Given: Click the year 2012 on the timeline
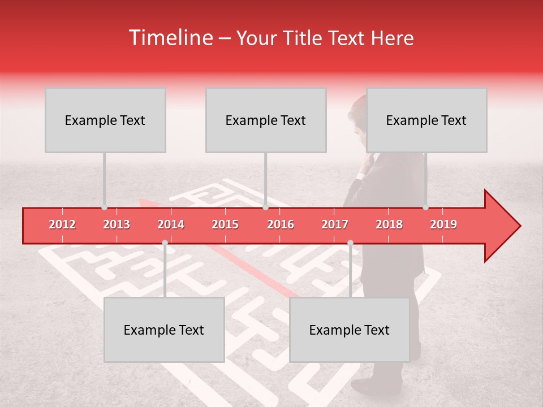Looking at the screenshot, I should coord(62,224).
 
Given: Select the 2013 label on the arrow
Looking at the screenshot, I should coord(117,224).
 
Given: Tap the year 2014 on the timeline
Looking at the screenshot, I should coord(171,224).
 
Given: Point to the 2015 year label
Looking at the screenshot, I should coord(225,224).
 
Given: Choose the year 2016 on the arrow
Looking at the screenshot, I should coord(281,224).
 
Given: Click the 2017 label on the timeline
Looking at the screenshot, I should coord(335,224).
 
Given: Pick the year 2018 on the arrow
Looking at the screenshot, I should coord(389,224).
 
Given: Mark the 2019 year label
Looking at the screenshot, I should coord(443,224).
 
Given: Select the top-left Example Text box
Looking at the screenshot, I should coord(105,120).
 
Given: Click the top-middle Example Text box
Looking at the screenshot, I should coord(266,120).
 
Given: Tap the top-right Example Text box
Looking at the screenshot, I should coord(426,120).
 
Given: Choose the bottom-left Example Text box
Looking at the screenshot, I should coord(164,330).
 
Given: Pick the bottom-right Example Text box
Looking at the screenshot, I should coord(350,330).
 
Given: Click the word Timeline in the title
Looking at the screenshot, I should coord(170,38).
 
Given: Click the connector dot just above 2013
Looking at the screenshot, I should coord(104,207).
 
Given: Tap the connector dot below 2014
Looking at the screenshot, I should coord(165,243).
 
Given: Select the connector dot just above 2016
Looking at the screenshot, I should coord(265,207).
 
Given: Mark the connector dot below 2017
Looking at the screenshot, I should coord(350,243).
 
